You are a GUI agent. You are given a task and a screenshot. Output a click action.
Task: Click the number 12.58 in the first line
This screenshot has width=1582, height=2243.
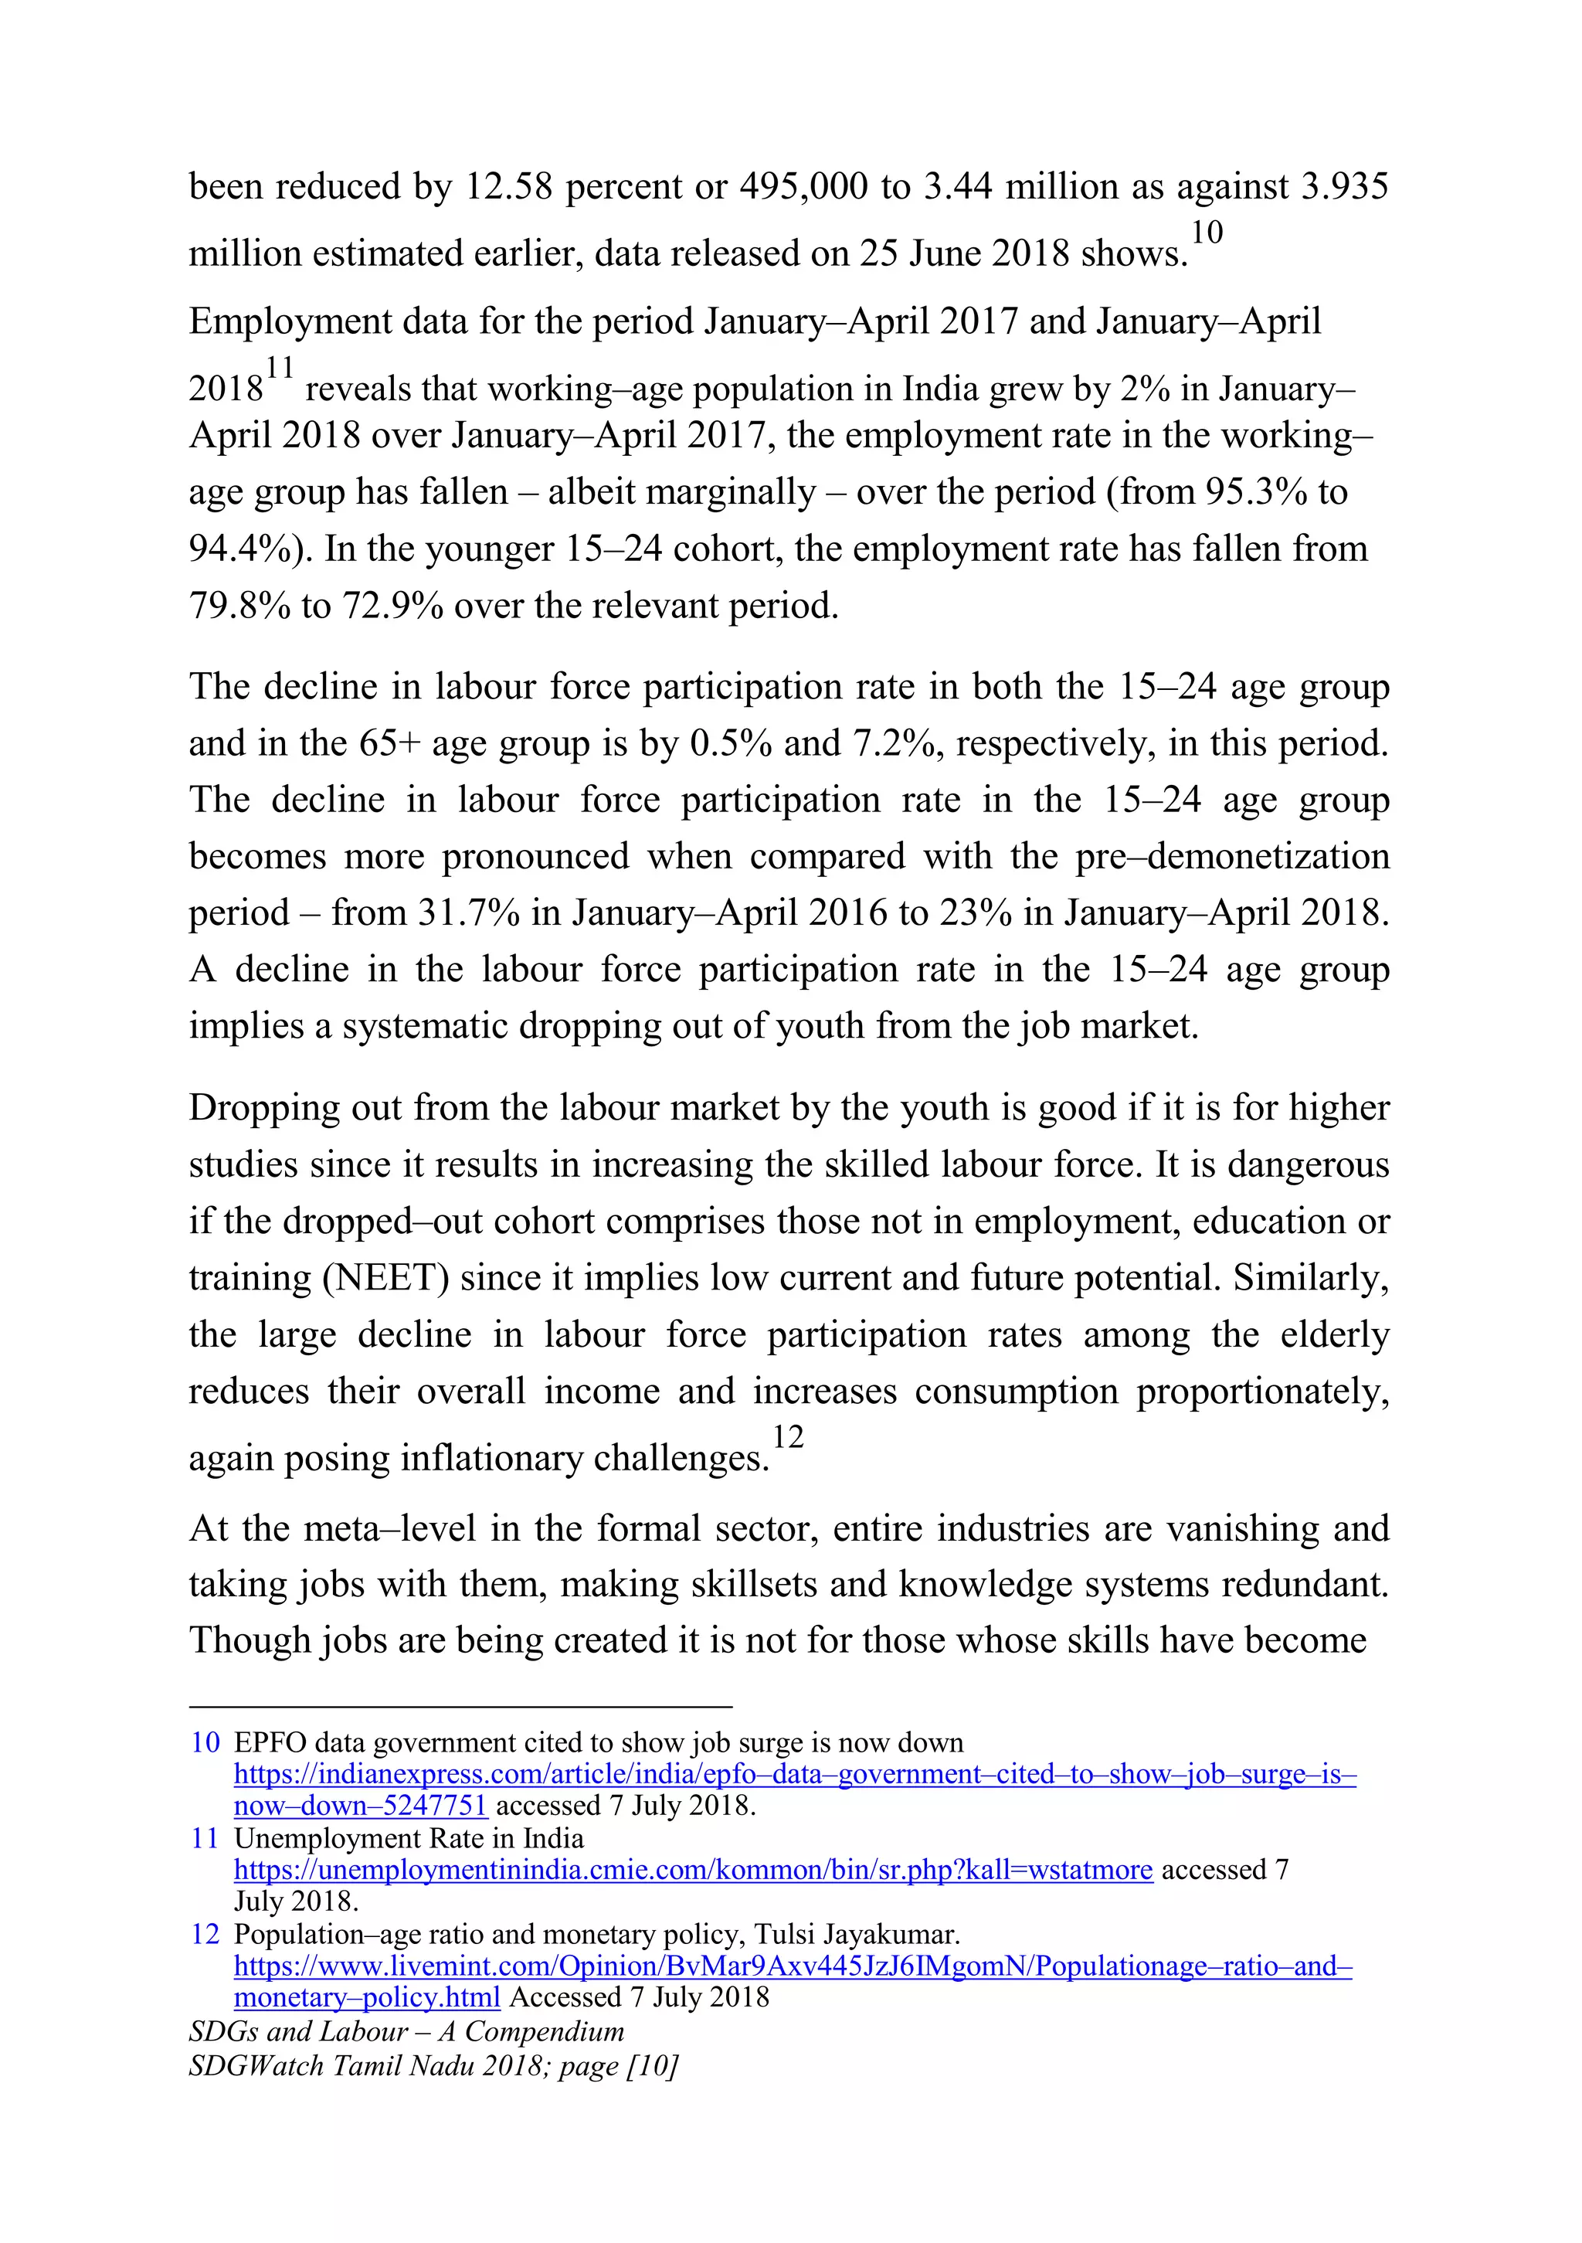click(x=508, y=186)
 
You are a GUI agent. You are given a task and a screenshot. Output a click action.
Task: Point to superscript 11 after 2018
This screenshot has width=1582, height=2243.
click(x=280, y=369)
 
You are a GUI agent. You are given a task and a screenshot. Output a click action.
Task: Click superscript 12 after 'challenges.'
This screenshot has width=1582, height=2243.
click(x=787, y=1437)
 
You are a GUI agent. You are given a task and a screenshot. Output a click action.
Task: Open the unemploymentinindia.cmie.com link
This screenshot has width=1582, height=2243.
click(x=694, y=1870)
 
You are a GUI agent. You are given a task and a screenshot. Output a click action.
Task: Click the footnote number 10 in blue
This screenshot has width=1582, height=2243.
click(x=205, y=1743)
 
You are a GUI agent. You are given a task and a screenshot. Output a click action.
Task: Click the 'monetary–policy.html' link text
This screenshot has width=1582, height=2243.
click(x=367, y=1997)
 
